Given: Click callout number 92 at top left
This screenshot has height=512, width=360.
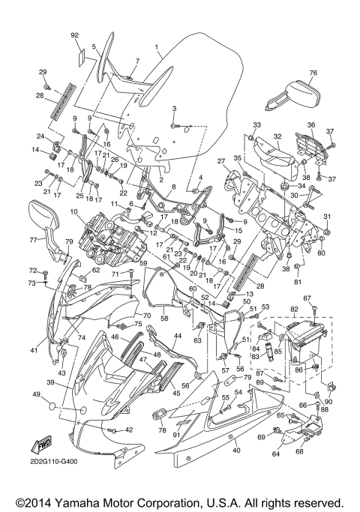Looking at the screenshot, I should click(74, 35).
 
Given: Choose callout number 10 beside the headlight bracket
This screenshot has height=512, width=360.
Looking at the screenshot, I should click(75, 213).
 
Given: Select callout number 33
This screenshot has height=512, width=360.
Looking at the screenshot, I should click(256, 124).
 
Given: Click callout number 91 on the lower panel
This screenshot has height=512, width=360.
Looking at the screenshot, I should click(177, 434).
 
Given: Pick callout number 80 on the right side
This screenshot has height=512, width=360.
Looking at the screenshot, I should click(321, 253).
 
